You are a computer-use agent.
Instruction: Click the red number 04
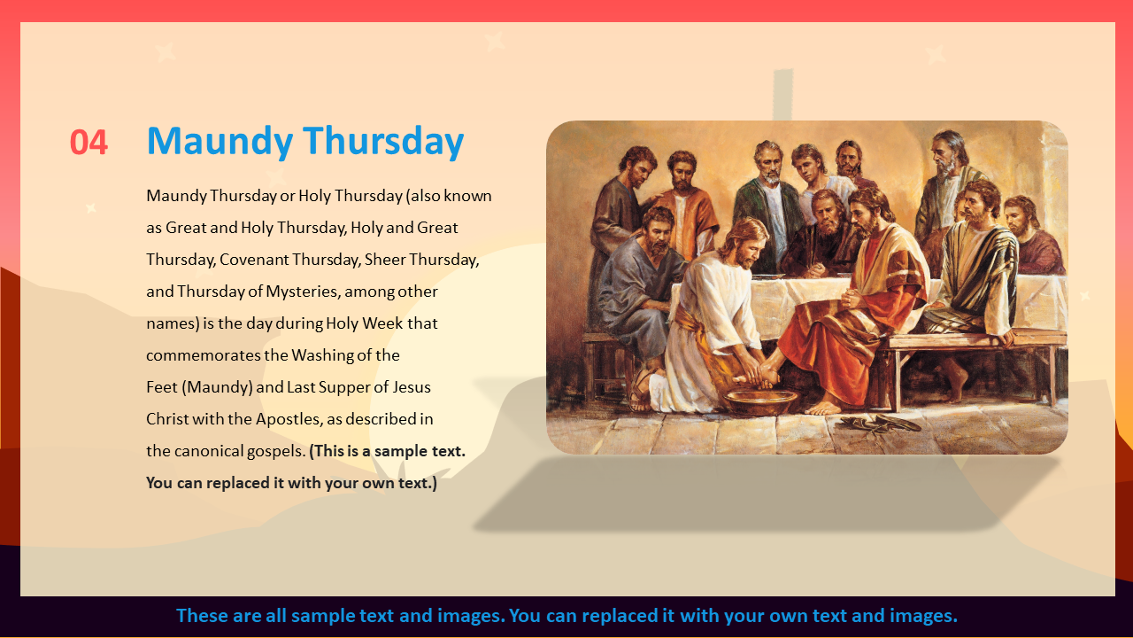tap(89, 143)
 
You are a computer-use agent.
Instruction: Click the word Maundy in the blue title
tap(220, 143)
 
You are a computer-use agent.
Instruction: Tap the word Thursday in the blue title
tap(383, 141)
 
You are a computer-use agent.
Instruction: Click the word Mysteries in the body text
tap(303, 292)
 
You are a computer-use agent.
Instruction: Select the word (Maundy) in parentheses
tap(217, 387)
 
